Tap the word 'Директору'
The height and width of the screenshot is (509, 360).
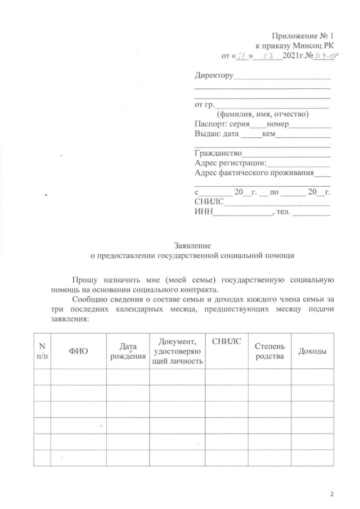(213, 75)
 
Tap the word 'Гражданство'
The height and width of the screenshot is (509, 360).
(218, 153)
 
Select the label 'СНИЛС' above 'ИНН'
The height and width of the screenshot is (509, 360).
(209, 201)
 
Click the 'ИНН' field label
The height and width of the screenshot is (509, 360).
(203, 211)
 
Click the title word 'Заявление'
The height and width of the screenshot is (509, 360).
(193, 245)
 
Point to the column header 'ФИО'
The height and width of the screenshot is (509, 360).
(78, 351)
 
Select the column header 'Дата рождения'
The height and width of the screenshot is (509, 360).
(128, 351)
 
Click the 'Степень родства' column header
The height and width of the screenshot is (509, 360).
(269, 351)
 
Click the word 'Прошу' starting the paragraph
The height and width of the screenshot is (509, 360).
(85, 280)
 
